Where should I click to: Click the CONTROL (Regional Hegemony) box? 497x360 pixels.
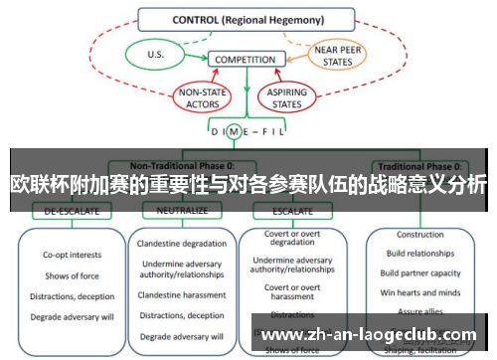(x=246, y=19)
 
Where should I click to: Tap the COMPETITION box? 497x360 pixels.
(x=245, y=60)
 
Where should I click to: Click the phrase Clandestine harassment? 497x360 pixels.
(x=182, y=293)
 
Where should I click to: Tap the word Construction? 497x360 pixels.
(x=419, y=236)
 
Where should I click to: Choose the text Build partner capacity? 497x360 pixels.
(x=420, y=272)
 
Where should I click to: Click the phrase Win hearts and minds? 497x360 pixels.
(x=420, y=291)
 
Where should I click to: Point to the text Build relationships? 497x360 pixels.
(x=420, y=255)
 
